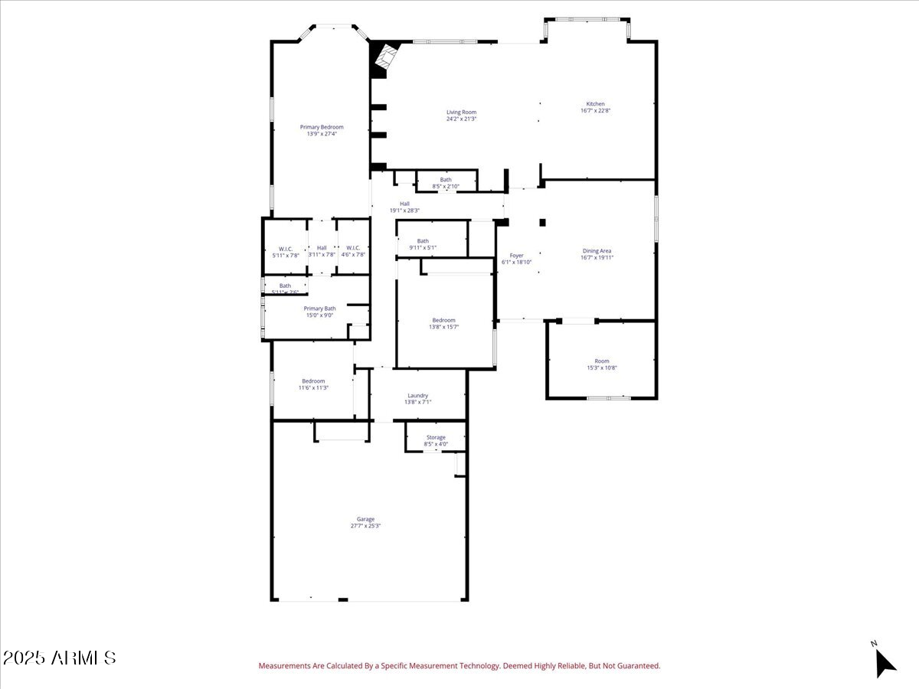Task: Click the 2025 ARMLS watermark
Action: pos(59,658)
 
